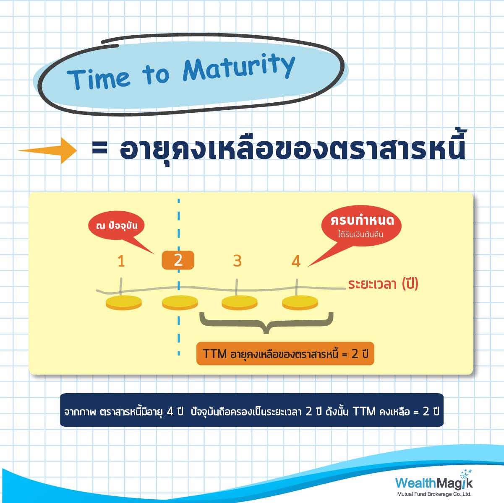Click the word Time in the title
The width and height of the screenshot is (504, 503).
[x=98, y=79]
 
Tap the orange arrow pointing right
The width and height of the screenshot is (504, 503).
[x=47, y=150]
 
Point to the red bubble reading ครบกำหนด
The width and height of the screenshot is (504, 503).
[x=361, y=226]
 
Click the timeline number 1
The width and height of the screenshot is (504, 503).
[x=121, y=261]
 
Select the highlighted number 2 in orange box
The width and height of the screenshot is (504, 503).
[x=178, y=260]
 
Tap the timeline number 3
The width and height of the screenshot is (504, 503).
[x=237, y=261]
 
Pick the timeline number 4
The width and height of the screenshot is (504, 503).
[x=296, y=261]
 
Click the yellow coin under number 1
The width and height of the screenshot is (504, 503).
[x=124, y=303]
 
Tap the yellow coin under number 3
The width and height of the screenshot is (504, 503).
[x=240, y=303]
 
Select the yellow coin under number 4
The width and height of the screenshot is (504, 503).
[x=300, y=303]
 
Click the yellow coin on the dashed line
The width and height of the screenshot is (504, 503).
[x=180, y=303]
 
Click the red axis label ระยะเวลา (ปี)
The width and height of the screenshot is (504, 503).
[x=383, y=284]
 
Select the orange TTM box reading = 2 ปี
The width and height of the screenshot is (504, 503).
[x=285, y=353]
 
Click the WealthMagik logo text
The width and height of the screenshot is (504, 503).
[x=434, y=482]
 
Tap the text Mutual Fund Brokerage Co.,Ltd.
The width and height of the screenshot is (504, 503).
[x=434, y=494]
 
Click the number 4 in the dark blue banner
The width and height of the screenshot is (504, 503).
[x=170, y=411]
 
